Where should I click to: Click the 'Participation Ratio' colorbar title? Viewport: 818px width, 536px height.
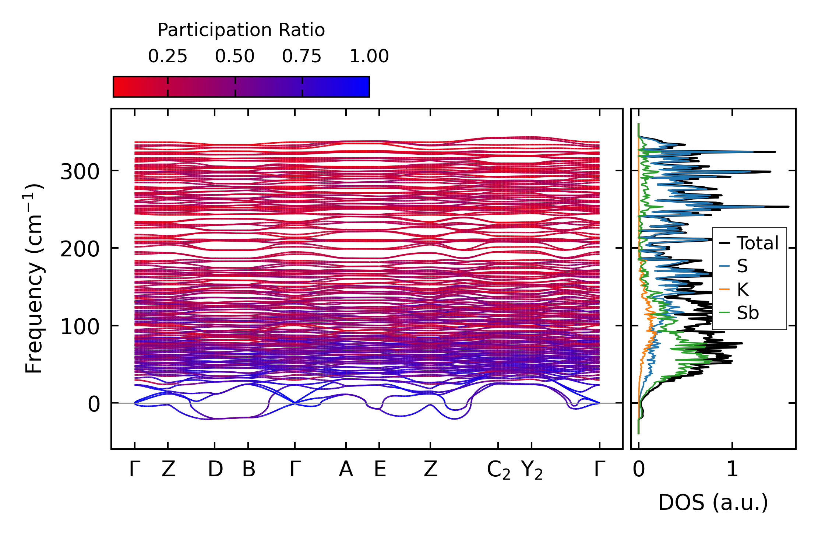click(x=241, y=30)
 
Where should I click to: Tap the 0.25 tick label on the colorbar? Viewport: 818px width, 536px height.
click(x=168, y=57)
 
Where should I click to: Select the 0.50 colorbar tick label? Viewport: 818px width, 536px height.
click(x=235, y=57)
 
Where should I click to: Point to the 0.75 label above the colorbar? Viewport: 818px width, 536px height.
click(x=302, y=57)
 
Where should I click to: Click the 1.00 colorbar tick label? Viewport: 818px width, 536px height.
click(x=369, y=57)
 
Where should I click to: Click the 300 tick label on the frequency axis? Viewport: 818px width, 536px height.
click(x=80, y=172)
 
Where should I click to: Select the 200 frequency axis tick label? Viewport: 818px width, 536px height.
click(x=80, y=249)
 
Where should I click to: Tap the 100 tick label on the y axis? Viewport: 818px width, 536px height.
click(x=80, y=327)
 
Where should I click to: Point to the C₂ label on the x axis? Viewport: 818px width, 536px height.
click(x=498, y=470)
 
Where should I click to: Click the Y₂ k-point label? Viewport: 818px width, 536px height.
click(x=532, y=470)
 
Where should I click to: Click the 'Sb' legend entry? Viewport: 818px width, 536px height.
click(x=748, y=313)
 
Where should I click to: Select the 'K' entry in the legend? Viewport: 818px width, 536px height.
click(x=743, y=290)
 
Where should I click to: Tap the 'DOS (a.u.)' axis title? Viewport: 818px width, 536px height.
click(x=713, y=503)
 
